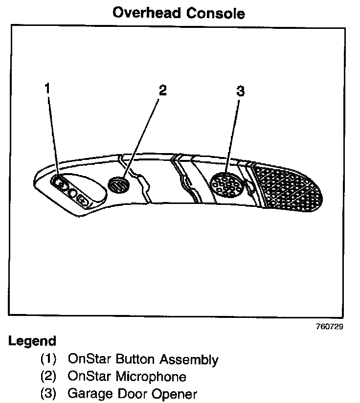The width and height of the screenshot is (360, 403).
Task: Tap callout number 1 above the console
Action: click(x=47, y=88)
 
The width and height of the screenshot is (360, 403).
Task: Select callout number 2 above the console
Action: click(x=162, y=90)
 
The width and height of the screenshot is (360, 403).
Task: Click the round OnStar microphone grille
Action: click(x=118, y=185)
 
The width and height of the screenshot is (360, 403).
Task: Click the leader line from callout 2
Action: click(x=142, y=137)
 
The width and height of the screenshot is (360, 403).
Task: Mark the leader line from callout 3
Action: click(x=234, y=137)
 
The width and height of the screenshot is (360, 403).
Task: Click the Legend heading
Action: click(x=32, y=341)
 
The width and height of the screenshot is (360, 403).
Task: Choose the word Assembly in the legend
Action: click(x=193, y=360)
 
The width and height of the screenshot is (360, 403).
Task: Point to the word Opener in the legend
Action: click(x=172, y=394)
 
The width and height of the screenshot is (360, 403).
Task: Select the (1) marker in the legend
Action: click(x=48, y=360)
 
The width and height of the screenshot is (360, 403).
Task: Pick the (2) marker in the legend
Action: click(x=48, y=377)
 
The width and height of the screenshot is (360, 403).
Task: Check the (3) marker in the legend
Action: click(x=48, y=393)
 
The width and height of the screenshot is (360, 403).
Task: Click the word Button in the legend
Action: click(x=139, y=360)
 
